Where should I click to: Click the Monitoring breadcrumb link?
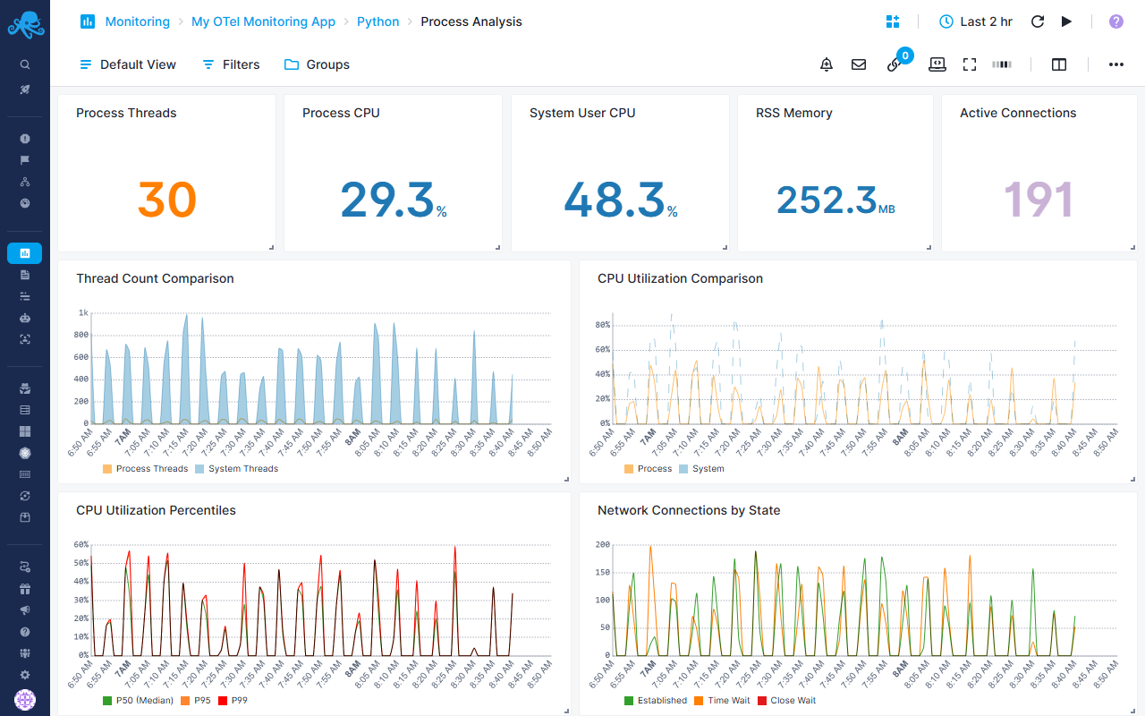[x=137, y=21]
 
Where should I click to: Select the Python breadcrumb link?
[x=377, y=21]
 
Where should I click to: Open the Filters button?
[x=231, y=64]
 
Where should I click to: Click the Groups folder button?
[x=317, y=64]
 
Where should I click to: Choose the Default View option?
[x=128, y=64]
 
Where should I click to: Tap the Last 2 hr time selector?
[x=976, y=21]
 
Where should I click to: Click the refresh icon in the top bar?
[x=1038, y=21]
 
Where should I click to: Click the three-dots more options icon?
[x=1115, y=64]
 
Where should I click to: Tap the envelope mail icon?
[x=859, y=64]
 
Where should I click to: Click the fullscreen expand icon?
[x=970, y=64]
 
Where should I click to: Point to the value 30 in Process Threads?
[x=166, y=200]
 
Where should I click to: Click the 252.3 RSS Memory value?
[x=826, y=200]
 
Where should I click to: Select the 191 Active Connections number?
[x=1038, y=200]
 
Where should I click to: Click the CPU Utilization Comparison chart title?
[x=680, y=278]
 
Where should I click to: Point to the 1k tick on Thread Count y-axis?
[x=83, y=313]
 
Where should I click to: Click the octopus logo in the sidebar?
[x=25, y=24]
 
